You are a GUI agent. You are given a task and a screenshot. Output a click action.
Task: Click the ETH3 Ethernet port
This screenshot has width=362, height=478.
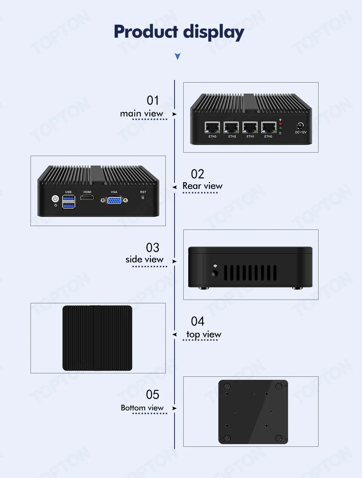click(212, 127)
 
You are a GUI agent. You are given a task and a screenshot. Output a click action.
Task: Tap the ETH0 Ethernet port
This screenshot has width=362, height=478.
click(269, 127)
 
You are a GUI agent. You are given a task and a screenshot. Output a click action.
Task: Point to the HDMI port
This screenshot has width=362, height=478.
click(88, 198)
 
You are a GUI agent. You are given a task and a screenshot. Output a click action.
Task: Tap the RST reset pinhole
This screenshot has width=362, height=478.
click(143, 198)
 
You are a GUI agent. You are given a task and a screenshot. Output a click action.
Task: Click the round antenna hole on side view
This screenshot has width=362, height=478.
click(215, 273)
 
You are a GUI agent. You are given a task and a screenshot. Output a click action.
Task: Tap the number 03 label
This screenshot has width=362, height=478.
click(152, 248)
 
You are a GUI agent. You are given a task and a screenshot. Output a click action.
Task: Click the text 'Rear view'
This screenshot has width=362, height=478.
click(202, 186)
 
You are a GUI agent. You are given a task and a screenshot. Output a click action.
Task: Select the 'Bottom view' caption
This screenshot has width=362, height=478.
click(142, 408)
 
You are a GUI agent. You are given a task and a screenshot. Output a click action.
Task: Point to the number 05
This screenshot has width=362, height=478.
click(152, 395)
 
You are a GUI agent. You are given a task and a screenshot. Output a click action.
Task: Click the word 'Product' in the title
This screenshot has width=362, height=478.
click(146, 32)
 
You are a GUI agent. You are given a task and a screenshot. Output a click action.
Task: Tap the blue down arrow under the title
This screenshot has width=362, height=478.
click(177, 57)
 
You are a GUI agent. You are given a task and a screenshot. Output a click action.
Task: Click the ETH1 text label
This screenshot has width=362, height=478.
click(250, 137)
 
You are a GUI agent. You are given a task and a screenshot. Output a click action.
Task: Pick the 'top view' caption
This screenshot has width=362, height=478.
click(203, 335)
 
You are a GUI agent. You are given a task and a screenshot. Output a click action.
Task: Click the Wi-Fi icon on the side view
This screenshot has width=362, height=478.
click(215, 266)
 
